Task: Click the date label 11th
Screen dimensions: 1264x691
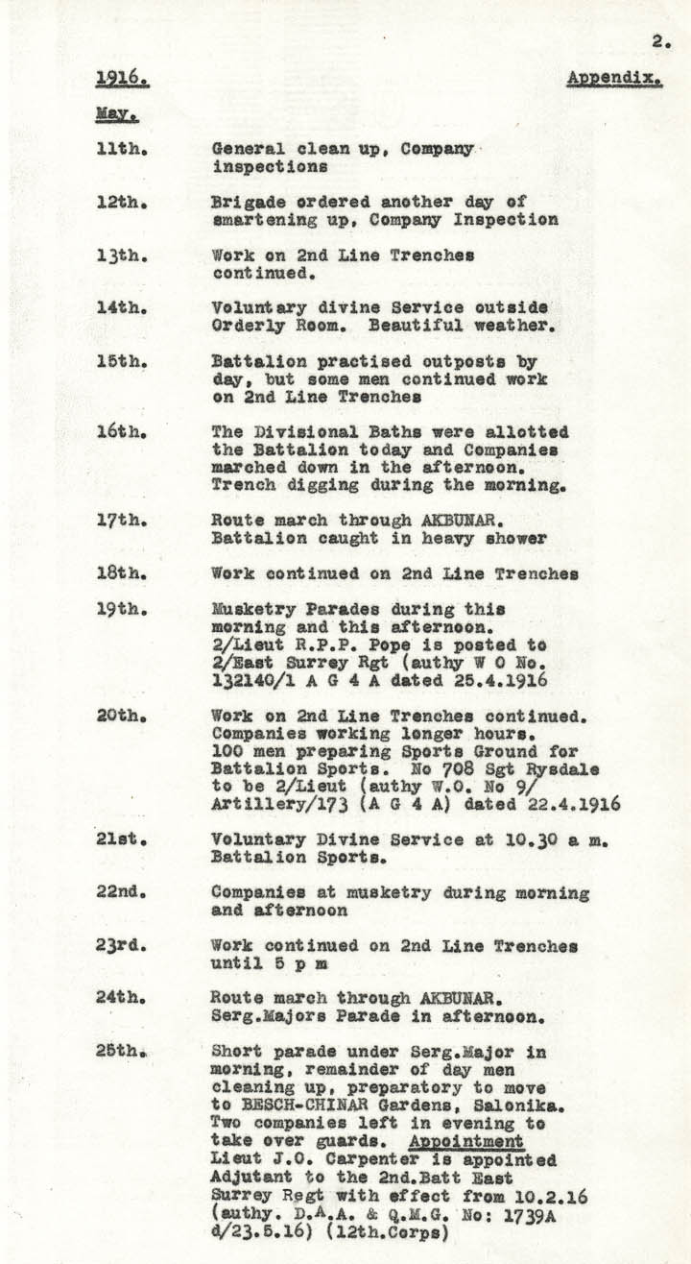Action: (x=120, y=150)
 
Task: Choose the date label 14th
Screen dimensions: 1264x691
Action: (x=120, y=307)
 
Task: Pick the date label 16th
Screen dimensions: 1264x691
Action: (x=120, y=432)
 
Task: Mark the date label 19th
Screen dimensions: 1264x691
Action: (x=120, y=610)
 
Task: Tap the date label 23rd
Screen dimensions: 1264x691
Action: (x=120, y=945)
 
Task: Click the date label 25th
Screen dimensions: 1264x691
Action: (x=122, y=1052)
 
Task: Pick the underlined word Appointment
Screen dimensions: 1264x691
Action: (x=465, y=1141)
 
